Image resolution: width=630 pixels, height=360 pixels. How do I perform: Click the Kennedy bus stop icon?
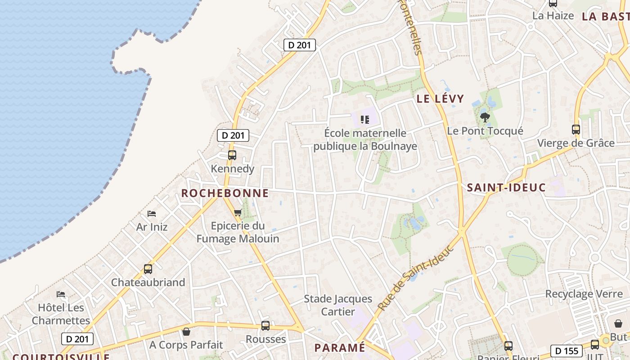(232, 155)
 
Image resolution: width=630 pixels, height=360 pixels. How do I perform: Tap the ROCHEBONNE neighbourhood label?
(225, 193)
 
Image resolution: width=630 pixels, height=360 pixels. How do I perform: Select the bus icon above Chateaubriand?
(148, 269)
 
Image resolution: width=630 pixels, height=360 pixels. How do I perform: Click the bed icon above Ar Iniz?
(152, 213)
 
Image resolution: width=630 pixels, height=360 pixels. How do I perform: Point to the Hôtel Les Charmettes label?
(61, 314)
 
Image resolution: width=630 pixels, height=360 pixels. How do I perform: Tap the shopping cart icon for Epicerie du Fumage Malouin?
(238, 212)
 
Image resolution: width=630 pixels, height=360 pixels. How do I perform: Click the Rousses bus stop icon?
(265, 325)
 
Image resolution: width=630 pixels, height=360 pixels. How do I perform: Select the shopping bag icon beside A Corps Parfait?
(186, 332)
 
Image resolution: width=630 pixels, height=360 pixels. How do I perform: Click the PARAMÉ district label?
(340, 348)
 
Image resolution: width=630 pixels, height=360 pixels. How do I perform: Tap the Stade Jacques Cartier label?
(338, 305)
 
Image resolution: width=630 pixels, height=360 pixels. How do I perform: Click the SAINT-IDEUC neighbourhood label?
(506, 188)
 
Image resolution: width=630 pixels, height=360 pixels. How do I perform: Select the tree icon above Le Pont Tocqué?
(485, 118)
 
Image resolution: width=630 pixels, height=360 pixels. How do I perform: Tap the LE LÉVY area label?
(440, 99)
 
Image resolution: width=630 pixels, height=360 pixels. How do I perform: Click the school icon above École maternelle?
(365, 120)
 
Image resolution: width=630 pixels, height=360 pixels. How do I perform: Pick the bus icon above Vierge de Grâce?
(576, 130)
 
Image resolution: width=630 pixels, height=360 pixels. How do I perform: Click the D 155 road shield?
(566, 351)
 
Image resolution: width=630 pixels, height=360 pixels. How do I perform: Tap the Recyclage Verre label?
(584, 294)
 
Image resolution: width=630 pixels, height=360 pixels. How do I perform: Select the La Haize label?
(553, 16)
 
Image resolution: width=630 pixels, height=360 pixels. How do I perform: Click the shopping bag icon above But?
(618, 324)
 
